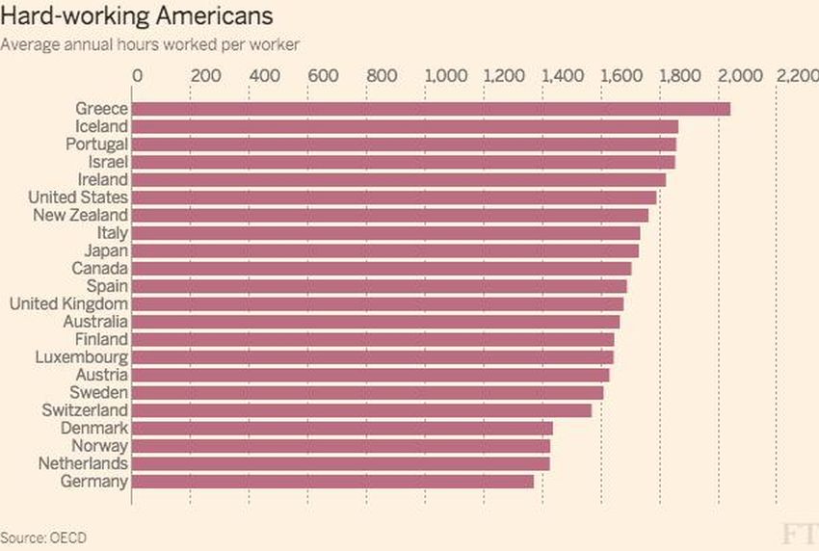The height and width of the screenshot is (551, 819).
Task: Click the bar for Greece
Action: tap(431, 109)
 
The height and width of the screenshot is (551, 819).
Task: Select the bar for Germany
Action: tap(332, 481)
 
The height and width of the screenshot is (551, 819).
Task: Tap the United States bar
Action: tap(394, 197)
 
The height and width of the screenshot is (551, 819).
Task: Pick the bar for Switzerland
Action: tap(361, 410)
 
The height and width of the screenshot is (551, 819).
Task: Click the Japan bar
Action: tap(385, 250)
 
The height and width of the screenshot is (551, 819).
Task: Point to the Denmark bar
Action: tap(342, 428)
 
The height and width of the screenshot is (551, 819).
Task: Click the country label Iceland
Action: tap(101, 126)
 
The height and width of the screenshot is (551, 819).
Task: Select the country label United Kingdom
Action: tap(68, 303)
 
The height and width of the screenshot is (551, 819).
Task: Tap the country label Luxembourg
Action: tap(84, 356)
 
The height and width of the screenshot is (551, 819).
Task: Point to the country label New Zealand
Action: tap(80, 215)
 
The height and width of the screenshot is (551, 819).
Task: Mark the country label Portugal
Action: tap(97, 144)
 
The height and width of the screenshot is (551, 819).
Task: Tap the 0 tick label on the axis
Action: tap(137, 75)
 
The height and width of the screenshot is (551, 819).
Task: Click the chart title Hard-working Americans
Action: tap(136, 16)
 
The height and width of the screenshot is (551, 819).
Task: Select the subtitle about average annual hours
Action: tap(149, 43)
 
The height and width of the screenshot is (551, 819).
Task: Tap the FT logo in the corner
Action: tap(799, 534)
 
